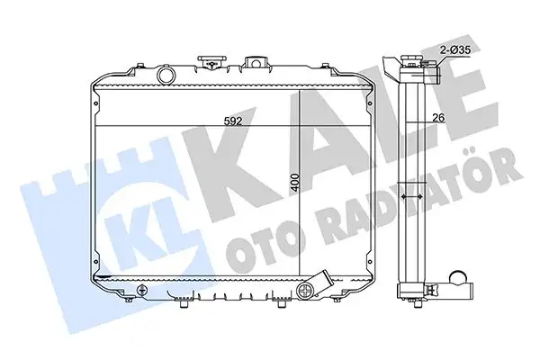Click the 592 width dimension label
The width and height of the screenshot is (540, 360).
pyautogui.click(x=233, y=121)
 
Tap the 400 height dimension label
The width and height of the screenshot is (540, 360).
pyautogui.click(x=295, y=184)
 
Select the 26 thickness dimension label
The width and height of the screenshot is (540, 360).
pyautogui.click(x=439, y=118)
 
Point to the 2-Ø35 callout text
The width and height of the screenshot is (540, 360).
pyautogui.click(x=455, y=50)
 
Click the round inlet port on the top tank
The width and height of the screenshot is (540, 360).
pyautogui.click(x=166, y=75)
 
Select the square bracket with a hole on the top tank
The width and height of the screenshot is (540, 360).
pyautogui.click(x=255, y=63)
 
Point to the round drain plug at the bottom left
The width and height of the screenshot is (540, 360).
pyautogui.click(x=141, y=290)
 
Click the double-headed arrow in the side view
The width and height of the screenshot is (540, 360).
pyautogui.click(x=412, y=197)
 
